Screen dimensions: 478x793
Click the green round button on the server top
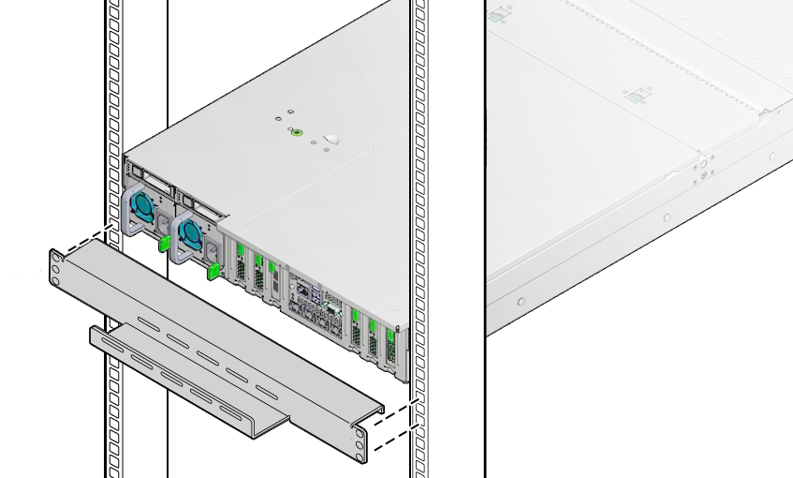tap(298, 133)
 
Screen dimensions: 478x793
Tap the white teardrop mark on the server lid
tap(330, 142)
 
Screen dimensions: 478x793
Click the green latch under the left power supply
tap(164, 245)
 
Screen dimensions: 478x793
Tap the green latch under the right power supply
tap(213, 272)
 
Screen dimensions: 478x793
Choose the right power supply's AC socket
tap(211, 250)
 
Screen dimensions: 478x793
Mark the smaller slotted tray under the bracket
tap(187, 380)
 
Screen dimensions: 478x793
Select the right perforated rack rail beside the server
tap(419, 187)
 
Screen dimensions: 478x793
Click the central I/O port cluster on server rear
tap(314, 300)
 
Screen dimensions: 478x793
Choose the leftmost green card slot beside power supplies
tap(241, 267)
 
